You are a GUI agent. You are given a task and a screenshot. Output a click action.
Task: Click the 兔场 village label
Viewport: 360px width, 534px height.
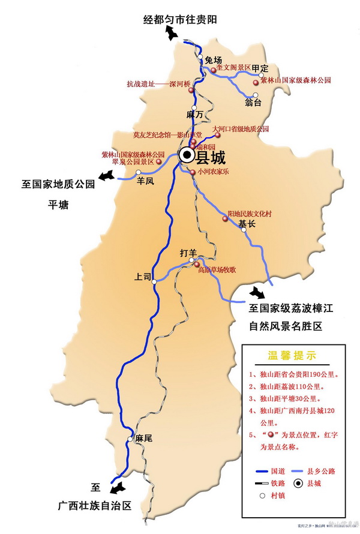[213, 60]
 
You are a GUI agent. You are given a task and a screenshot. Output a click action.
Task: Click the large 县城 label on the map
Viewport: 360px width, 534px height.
[211, 157]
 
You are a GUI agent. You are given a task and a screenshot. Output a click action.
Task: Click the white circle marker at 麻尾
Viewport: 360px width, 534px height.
[128, 440]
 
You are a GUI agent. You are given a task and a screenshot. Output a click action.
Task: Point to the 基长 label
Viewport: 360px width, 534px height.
[247, 224]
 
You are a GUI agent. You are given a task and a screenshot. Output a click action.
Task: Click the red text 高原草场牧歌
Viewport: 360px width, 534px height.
[217, 270]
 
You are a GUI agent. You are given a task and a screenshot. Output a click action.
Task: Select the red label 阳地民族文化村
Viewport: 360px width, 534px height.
[250, 214]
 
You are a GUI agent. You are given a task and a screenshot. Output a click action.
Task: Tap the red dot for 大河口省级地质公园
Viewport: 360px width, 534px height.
[218, 134]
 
